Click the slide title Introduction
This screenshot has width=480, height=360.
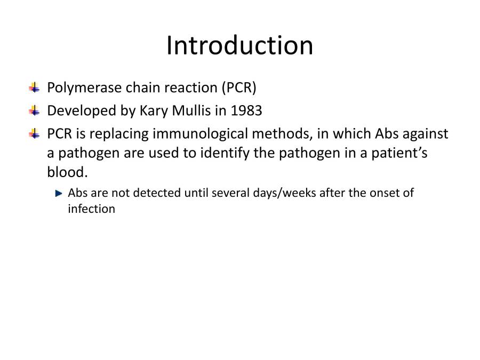pyautogui.click(x=239, y=45)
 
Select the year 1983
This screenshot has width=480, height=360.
pyautogui.click(x=246, y=111)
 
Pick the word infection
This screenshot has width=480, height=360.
pyautogui.click(x=91, y=209)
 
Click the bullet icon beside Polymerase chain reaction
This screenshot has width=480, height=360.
pyautogui.click(x=35, y=87)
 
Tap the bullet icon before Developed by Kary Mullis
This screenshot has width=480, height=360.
pyautogui.click(x=35, y=111)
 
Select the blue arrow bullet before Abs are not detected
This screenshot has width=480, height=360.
pyautogui.click(x=59, y=193)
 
